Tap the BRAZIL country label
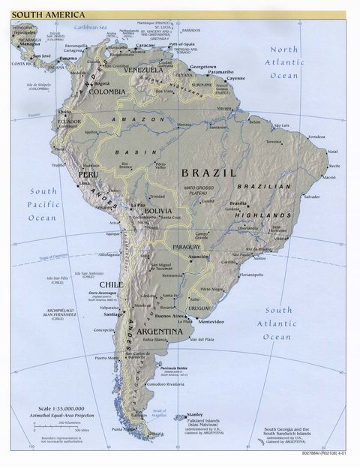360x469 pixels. [x=209, y=173]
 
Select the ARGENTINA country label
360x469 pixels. [x=159, y=331]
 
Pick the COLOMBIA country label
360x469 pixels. [x=107, y=92]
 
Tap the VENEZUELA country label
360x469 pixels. [x=142, y=70]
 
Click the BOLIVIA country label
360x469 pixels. [x=159, y=212]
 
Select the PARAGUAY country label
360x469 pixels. [x=187, y=246]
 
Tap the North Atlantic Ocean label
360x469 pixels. [x=284, y=62]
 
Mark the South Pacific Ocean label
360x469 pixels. [x=42, y=204]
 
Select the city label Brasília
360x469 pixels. [x=238, y=203]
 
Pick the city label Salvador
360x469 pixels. [x=311, y=197]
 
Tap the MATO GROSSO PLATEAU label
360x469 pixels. [x=200, y=191]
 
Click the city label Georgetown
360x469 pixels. [x=203, y=67]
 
